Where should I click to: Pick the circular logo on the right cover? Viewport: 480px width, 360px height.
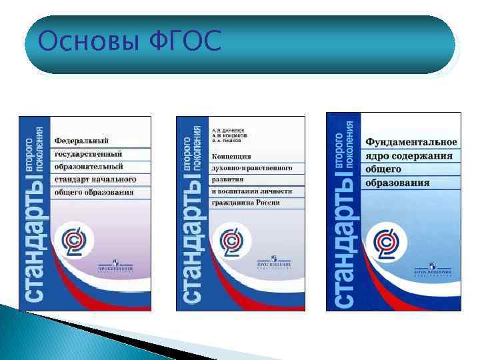click(387, 241)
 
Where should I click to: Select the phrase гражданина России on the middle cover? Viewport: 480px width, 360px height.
click(245, 203)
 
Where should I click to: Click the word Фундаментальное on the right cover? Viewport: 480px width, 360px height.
click(411, 143)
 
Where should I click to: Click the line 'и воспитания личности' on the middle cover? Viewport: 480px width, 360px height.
click(248, 191)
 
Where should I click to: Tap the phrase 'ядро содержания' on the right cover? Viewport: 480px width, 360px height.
click(408, 156)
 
